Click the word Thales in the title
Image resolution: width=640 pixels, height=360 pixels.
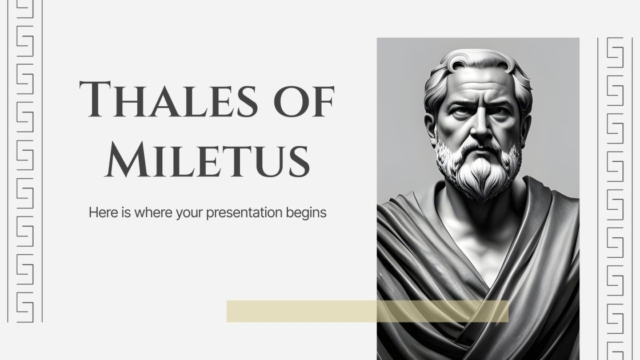(168, 99)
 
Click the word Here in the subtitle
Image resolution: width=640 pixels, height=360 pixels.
(101, 213)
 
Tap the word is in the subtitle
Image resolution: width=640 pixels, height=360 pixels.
(122, 213)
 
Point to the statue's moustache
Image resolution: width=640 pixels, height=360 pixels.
(478, 145)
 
